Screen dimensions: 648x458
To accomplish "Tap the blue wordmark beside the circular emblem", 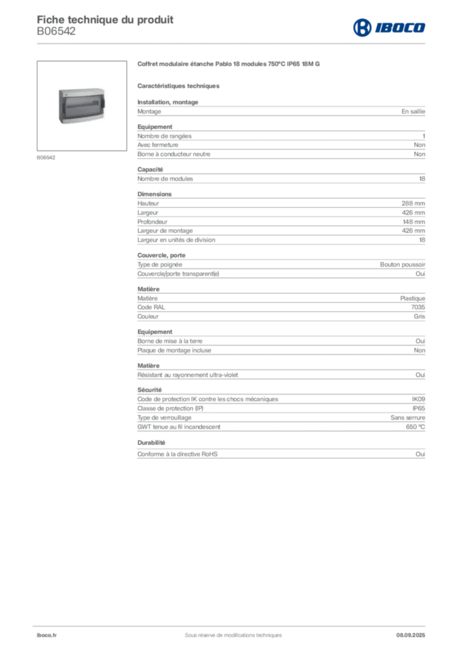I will pyautogui.click(x=400, y=27).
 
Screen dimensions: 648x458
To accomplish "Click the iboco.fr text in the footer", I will pyautogui.click(x=46, y=635).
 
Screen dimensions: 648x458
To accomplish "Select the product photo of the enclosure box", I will pyautogui.click(x=83, y=106).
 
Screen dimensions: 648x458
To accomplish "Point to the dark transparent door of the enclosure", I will pyautogui.click(x=80, y=107).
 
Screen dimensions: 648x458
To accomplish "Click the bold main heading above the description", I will pyautogui.click(x=230, y=64).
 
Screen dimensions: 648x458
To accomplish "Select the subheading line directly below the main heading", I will pyautogui.click(x=179, y=85).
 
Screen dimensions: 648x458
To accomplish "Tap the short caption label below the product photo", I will pyautogui.click(x=46, y=155).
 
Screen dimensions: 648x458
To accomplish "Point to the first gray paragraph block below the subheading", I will pyautogui.click(x=281, y=111).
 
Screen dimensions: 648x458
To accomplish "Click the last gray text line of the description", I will pyautogui.click(x=281, y=453).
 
